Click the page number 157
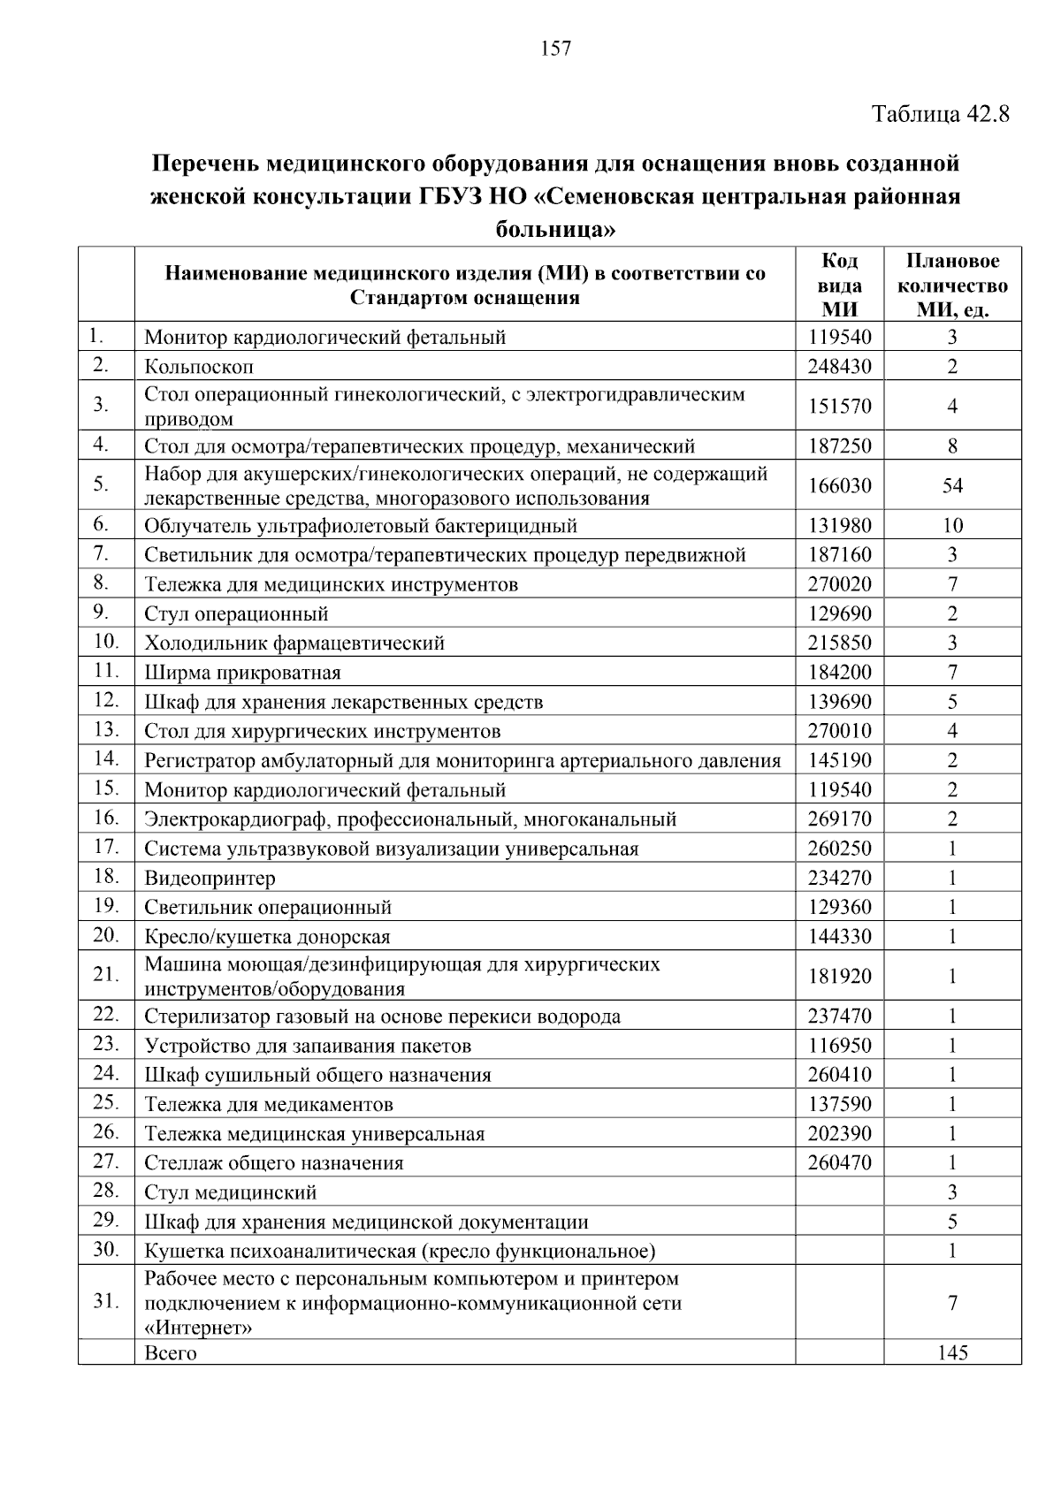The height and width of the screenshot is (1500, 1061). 555,49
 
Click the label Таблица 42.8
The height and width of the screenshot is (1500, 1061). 940,114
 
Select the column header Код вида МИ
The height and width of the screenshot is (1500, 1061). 839,285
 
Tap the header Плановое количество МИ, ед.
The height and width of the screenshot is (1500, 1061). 952,285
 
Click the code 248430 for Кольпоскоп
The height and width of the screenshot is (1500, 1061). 839,366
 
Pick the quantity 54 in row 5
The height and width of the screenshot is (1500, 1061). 952,485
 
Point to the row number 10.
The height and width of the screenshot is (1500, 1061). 105,641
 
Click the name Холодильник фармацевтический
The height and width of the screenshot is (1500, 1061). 294,643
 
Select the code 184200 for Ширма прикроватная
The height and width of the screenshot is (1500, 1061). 839,673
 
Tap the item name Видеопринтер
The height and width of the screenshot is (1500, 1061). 210,878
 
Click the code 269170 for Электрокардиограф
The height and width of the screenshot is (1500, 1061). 839,819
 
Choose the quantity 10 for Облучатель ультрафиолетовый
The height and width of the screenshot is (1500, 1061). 952,526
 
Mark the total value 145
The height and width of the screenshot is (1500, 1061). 952,1352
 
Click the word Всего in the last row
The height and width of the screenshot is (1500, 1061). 170,1352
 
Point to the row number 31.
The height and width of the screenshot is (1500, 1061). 105,1301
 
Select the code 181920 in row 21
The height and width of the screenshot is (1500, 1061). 839,976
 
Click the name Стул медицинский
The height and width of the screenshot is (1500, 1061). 230,1192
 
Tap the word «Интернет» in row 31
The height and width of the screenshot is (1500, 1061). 197,1328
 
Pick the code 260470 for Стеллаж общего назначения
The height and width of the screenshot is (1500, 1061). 839,1163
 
